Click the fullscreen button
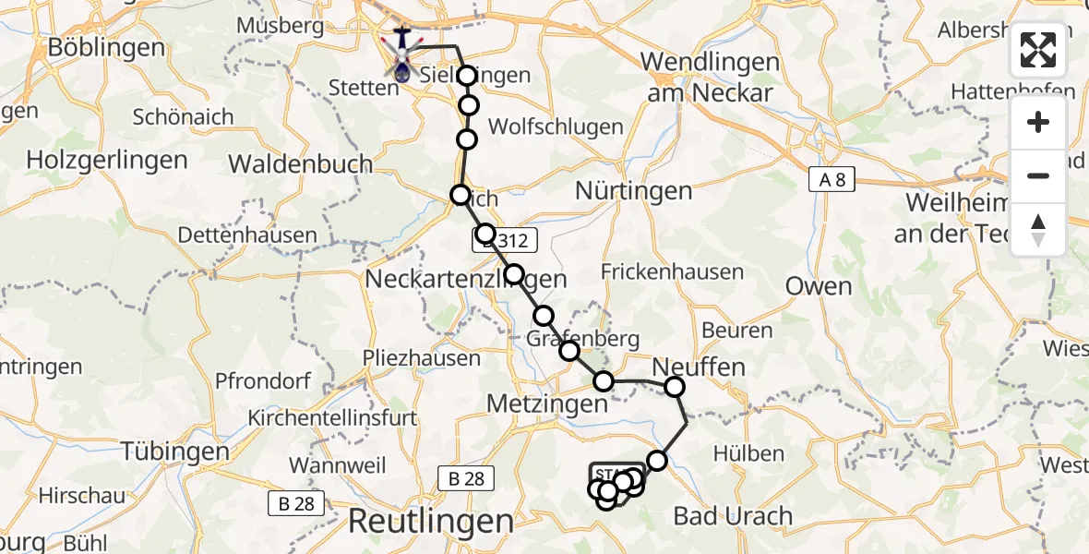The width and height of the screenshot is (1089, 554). click(1038, 50)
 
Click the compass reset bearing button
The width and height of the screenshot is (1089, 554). click(1038, 230)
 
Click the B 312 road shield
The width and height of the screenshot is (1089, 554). click(504, 241)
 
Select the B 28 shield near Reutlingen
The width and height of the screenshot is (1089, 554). click(466, 478)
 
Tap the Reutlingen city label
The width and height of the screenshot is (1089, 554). click(430, 521)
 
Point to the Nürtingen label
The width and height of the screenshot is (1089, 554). click(633, 191)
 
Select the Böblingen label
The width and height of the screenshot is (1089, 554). click(92, 46)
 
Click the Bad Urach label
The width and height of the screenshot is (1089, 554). click(734, 515)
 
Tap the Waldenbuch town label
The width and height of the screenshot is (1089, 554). click(301, 164)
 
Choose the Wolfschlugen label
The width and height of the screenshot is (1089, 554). click(549, 126)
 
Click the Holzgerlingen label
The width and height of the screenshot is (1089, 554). click(107, 160)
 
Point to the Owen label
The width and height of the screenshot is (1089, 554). click(819, 286)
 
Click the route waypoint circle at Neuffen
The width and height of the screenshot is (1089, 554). click(675, 387)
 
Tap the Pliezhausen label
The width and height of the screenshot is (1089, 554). click(422, 358)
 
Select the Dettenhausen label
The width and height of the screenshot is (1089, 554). click(247, 235)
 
